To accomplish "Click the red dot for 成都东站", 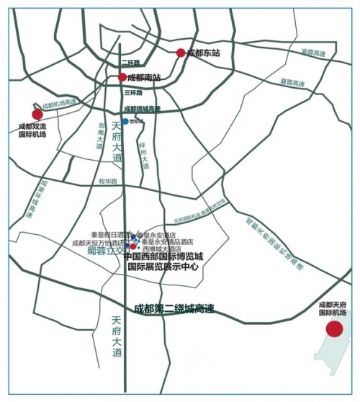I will point(181,53).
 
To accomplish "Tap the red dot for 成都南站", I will point(122,77).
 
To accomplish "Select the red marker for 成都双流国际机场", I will point(37,114).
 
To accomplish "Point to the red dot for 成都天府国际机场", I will point(334,329).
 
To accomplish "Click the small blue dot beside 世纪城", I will point(125,121).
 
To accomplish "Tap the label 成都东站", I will point(203,53).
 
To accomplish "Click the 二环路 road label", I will point(131,63).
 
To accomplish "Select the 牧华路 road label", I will point(107,181).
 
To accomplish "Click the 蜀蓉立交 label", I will point(107,251).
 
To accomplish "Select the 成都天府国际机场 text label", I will point(333,308).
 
